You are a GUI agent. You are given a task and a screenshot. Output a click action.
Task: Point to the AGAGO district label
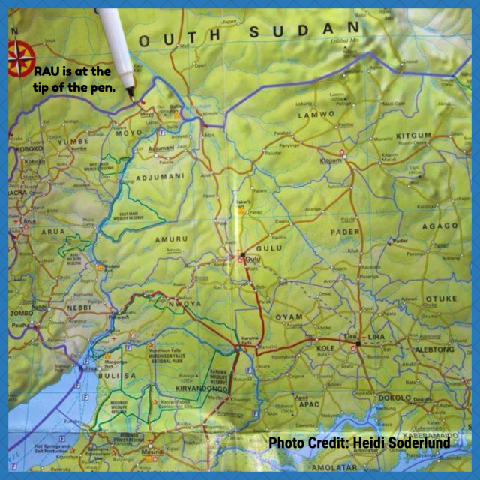point(439,226)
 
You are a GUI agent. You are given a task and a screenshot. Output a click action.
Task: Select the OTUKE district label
point(441,298)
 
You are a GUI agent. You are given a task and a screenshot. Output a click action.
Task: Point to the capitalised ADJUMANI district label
point(159,178)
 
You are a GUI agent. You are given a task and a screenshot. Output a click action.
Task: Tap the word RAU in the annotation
point(46,71)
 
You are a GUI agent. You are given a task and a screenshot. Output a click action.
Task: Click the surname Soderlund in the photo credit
point(418,442)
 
